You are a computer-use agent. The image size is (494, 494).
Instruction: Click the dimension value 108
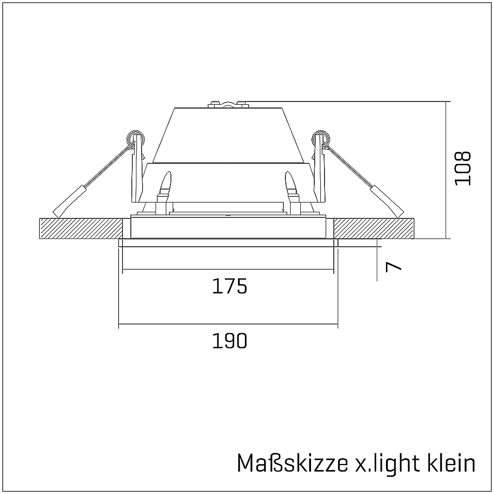coord(463,168)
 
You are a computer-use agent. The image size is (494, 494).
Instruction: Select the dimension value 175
coord(229,286)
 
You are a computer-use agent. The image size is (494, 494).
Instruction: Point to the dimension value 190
coord(229,341)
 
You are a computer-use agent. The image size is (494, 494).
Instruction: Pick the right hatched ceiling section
coord(375,228)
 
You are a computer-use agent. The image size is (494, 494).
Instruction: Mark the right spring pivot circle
coord(320,138)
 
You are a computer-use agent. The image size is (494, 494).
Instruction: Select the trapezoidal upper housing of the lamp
coord(228,135)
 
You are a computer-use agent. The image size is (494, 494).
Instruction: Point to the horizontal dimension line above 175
coord(228,270)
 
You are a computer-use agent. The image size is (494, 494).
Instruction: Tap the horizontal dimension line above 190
coord(228,325)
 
